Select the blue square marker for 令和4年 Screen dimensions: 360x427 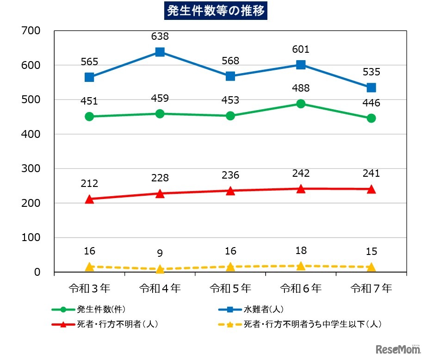click(x=160, y=52)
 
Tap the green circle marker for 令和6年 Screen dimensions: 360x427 click(x=301, y=104)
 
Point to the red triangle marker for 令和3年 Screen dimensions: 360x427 click(x=90, y=199)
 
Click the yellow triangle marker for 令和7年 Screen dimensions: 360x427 click(x=371, y=267)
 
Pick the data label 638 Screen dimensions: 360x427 click(x=160, y=36)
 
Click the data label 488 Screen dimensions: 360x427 click(x=301, y=88)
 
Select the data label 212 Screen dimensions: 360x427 click(x=90, y=183)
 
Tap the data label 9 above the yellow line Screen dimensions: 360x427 click(x=160, y=253)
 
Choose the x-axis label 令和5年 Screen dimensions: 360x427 click(x=230, y=289)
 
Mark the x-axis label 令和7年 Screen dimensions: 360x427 click(x=371, y=289)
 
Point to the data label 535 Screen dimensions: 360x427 click(x=371, y=72)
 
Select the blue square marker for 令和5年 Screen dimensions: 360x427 click(x=230, y=76)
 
